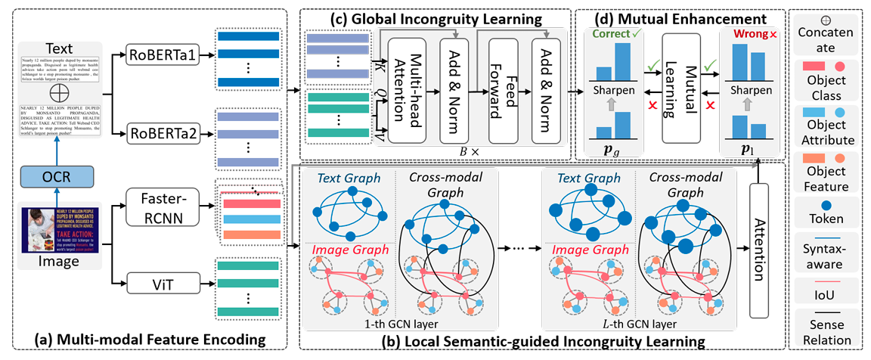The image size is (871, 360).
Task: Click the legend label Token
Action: click(827, 219)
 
